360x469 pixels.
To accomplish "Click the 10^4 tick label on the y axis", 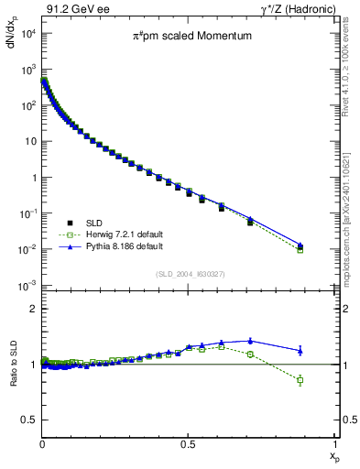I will pyautogui.click(x=27, y=34).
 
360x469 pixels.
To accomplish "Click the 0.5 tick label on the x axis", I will pyautogui.click(x=187, y=443).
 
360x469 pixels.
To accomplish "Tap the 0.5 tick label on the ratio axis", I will pyautogui.click(x=28, y=420).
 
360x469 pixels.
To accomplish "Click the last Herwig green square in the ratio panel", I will pyautogui.click(x=300, y=380).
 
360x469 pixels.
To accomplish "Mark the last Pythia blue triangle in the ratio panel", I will pyautogui.click(x=300, y=350).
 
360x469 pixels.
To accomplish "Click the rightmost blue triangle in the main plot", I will pyautogui.click(x=300, y=245).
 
